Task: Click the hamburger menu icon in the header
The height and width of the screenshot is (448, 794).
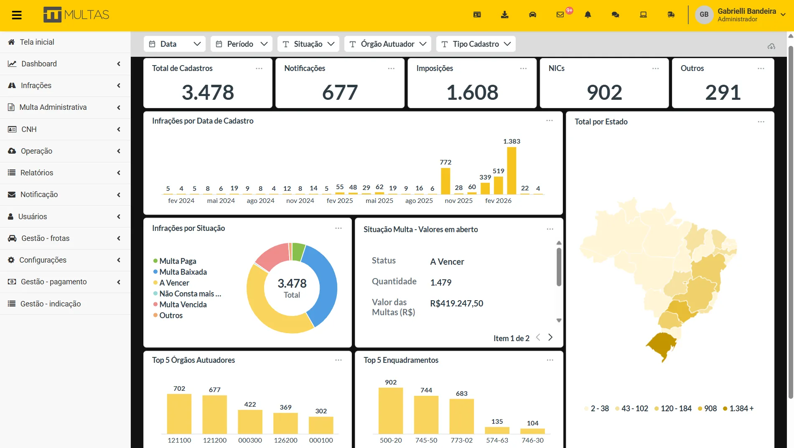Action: tap(17, 15)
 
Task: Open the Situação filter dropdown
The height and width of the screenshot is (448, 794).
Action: tap(308, 44)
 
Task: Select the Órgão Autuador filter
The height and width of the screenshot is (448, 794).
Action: tap(388, 44)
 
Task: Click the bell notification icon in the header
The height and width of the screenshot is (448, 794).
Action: tap(588, 15)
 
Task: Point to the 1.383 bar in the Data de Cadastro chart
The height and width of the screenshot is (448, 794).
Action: tap(512, 171)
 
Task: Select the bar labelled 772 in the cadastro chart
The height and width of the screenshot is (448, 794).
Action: tap(445, 181)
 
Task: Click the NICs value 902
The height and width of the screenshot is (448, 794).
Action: tap(604, 92)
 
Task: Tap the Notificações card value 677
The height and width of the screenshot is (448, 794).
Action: tap(340, 92)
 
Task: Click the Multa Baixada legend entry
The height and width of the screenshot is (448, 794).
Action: tap(180, 272)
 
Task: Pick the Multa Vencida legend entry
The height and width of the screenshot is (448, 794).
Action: tap(180, 304)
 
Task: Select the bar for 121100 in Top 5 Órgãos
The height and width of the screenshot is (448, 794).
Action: tap(179, 414)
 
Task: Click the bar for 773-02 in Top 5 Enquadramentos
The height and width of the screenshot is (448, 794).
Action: tap(462, 416)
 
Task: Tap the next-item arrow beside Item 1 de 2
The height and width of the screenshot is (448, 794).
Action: tap(550, 337)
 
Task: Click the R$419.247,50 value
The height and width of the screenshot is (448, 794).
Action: tap(457, 304)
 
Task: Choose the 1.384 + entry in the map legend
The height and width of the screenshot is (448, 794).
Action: tap(738, 408)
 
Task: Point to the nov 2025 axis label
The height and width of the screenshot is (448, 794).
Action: tap(459, 201)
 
